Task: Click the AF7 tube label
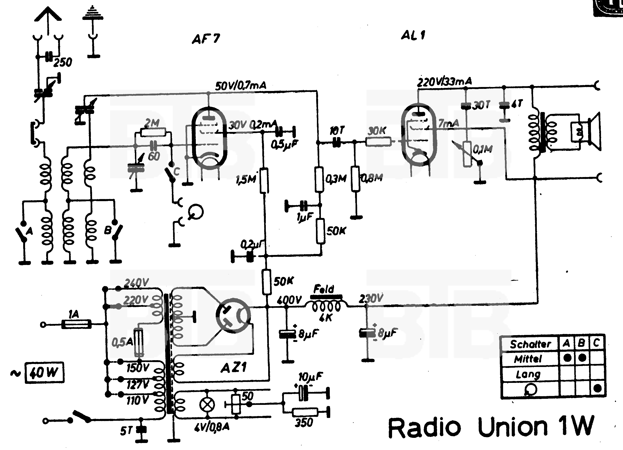[206, 39]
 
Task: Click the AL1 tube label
[413, 35]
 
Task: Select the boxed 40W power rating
[44, 373]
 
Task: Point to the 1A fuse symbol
[76, 324]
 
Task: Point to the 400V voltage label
[289, 300]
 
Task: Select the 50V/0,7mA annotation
[241, 86]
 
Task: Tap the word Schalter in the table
[530, 344]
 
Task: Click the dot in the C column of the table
[597, 388]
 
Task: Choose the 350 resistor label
[304, 423]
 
